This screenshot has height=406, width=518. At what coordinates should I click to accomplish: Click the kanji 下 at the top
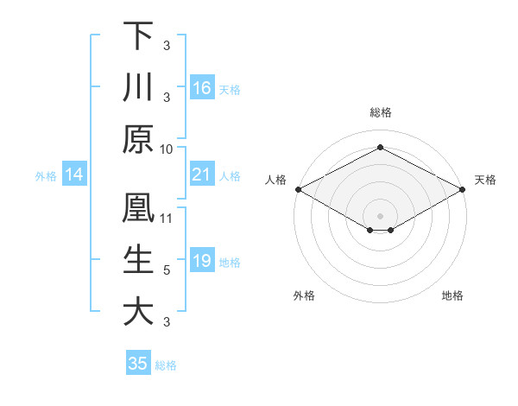(139, 35)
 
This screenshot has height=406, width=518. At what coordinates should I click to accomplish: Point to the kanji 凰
(139, 208)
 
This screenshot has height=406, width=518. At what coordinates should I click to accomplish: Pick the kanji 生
(139, 259)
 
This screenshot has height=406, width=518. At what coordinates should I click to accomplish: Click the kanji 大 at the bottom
(139, 311)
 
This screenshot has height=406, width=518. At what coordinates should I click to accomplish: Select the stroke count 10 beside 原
(167, 149)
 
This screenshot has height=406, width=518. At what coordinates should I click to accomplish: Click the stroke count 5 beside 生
(167, 270)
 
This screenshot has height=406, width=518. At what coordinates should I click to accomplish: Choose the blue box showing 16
(201, 87)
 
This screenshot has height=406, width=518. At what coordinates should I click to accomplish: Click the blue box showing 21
(201, 175)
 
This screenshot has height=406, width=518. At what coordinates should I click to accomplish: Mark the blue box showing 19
(201, 262)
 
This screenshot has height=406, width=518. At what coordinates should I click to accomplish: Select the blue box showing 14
(74, 175)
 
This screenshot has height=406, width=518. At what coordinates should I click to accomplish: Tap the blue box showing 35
(138, 364)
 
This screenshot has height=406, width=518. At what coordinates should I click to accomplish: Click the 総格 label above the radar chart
(380, 112)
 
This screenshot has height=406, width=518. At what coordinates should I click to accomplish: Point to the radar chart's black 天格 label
(485, 180)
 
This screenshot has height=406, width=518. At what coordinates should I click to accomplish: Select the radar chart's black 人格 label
(275, 180)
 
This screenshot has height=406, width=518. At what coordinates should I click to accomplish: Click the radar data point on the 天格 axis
(464, 189)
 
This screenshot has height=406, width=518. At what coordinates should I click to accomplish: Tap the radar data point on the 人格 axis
(297, 189)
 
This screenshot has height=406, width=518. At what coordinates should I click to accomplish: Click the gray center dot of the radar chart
(380, 214)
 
